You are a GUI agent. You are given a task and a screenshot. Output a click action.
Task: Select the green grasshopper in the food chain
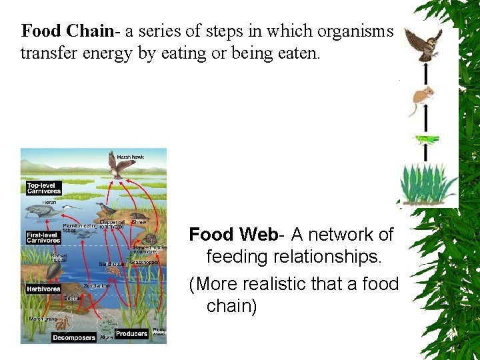click(x=425, y=140)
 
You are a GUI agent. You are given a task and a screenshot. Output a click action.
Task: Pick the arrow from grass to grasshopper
click(x=425, y=154)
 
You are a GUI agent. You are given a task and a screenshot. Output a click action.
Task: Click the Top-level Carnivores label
click(x=44, y=188)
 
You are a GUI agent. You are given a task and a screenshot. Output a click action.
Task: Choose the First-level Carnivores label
click(x=41, y=237)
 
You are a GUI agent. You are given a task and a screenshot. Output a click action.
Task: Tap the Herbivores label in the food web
click(x=43, y=289)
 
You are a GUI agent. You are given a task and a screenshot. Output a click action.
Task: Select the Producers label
click(x=131, y=333)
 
